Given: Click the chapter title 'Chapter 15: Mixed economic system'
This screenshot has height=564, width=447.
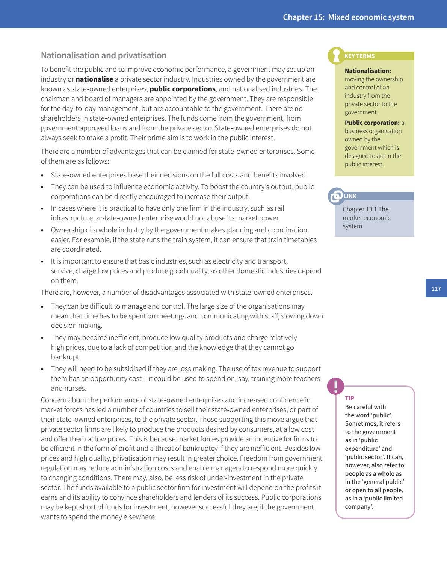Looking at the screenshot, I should click(348, 17).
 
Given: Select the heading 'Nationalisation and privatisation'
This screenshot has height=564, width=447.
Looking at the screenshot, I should click(103, 55).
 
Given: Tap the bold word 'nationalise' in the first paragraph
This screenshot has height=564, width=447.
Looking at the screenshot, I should click(94, 79).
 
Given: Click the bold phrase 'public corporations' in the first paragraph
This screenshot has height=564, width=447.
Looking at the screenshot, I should click(183, 89).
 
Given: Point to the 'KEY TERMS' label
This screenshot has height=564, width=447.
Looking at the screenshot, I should click(359, 56).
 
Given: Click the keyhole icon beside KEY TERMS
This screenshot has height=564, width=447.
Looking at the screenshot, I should click(336, 56).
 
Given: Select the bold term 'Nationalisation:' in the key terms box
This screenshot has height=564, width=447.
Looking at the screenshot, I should click(368, 71).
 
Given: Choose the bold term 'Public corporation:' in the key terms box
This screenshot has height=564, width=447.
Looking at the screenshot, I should click(372, 123).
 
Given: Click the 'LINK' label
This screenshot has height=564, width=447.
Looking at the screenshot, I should click(350, 196).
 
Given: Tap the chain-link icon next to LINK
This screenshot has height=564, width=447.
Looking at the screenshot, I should click(336, 196).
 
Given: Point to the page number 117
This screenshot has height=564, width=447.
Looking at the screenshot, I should click(436, 288).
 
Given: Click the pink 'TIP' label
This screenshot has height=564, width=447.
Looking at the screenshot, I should click(349, 398).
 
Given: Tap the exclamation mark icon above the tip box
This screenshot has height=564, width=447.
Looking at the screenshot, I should click(335, 386).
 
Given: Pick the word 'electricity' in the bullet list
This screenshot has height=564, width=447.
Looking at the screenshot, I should click(227, 261).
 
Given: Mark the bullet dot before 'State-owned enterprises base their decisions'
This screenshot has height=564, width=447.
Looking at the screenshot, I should click(42, 176).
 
